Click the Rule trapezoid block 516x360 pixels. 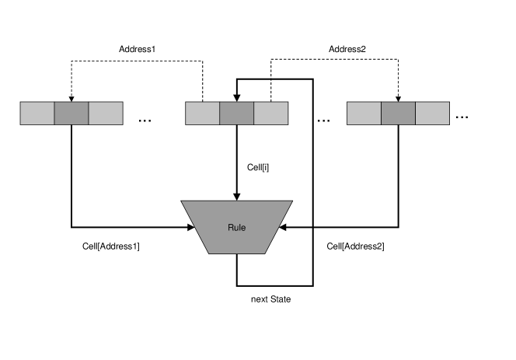tap(236, 227)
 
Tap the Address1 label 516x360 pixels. tap(138, 49)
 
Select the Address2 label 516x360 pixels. tap(347, 49)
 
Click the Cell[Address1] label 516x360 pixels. tap(111, 246)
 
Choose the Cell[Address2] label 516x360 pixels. tap(355, 246)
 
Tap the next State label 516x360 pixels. tap(270, 299)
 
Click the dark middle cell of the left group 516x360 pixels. tap(71, 113)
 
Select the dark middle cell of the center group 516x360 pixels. tap(236, 113)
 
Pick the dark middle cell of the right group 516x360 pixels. tap(398, 113)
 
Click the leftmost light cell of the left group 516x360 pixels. tap(37, 113)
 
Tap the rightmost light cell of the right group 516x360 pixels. tap(432, 113)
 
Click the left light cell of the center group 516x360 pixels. tap(202, 113)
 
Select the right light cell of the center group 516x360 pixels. tap(270, 113)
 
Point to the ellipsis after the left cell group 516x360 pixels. tap(145, 121)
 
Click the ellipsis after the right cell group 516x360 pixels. tap(462, 117)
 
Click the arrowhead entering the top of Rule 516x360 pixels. tap(236, 197)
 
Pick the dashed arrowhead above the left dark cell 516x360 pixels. tap(71, 99)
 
